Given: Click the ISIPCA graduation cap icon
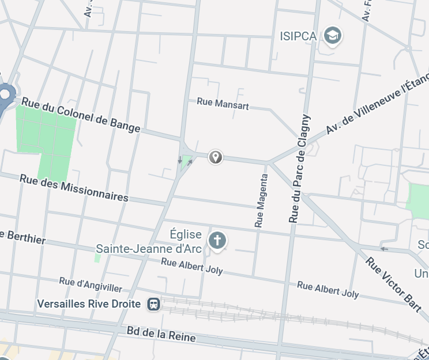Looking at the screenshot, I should (x=332, y=36).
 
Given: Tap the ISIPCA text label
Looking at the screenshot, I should (x=298, y=36).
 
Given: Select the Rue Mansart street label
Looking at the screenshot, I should (x=223, y=103).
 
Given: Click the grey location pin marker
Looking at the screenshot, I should (x=215, y=156).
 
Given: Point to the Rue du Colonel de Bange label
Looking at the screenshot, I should (x=81, y=115).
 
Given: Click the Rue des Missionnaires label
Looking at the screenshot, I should (x=74, y=187).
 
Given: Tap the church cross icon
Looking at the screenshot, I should (x=217, y=240).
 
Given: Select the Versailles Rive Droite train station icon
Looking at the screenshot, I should (x=153, y=304).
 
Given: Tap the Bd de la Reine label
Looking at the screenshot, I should (x=161, y=334).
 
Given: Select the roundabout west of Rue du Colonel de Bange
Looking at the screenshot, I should (x=6, y=94).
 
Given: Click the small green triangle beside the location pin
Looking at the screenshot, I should (x=186, y=160).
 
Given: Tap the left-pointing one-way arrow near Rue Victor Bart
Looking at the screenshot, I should (x=385, y=249).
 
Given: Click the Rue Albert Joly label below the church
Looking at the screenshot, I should (x=191, y=266).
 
